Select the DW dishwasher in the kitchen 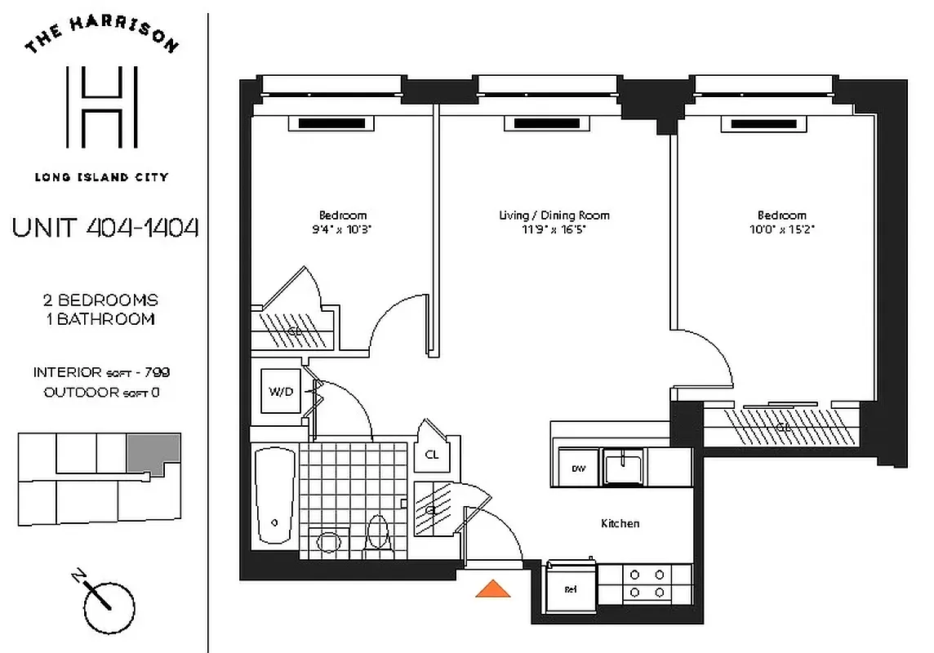tap(578, 469)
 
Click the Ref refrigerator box tap(571, 588)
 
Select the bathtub tap(273, 499)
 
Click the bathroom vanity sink tap(328, 542)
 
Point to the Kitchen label tap(620, 523)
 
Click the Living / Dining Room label tap(554, 215)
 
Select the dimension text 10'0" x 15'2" tap(781, 229)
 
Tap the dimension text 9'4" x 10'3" tap(342, 229)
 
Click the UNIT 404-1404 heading tap(105, 228)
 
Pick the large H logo tap(102, 108)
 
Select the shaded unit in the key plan tap(153, 454)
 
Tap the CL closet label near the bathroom tap(432, 455)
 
